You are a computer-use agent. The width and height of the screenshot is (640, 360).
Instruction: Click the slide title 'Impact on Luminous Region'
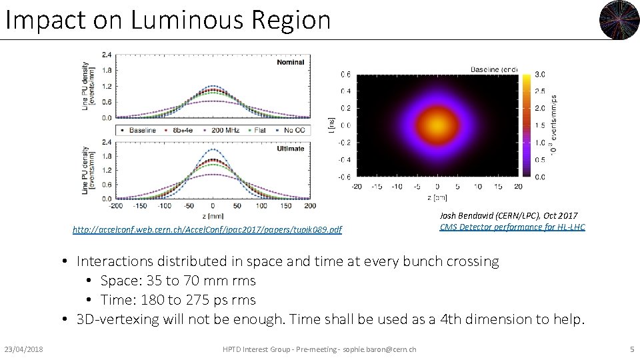click(167, 20)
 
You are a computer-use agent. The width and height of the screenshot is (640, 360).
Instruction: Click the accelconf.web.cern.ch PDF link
click(207, 230)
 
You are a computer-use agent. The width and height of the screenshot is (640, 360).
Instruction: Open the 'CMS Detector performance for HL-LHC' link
click(512, 227)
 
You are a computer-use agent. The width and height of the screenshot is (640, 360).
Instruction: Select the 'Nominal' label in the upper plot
click(291, 62)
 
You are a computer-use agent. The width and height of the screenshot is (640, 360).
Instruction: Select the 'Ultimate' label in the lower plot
click(290, 149)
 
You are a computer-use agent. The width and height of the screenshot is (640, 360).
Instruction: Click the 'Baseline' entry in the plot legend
click(139, 131)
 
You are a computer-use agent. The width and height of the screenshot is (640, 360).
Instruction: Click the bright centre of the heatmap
click(437, 125)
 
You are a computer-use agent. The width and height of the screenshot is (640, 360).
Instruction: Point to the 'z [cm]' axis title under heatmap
click(437, 197)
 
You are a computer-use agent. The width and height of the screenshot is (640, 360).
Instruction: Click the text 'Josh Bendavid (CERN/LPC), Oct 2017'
click(508, 216)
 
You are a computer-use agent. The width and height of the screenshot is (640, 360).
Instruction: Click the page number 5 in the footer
click(631, 349)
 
